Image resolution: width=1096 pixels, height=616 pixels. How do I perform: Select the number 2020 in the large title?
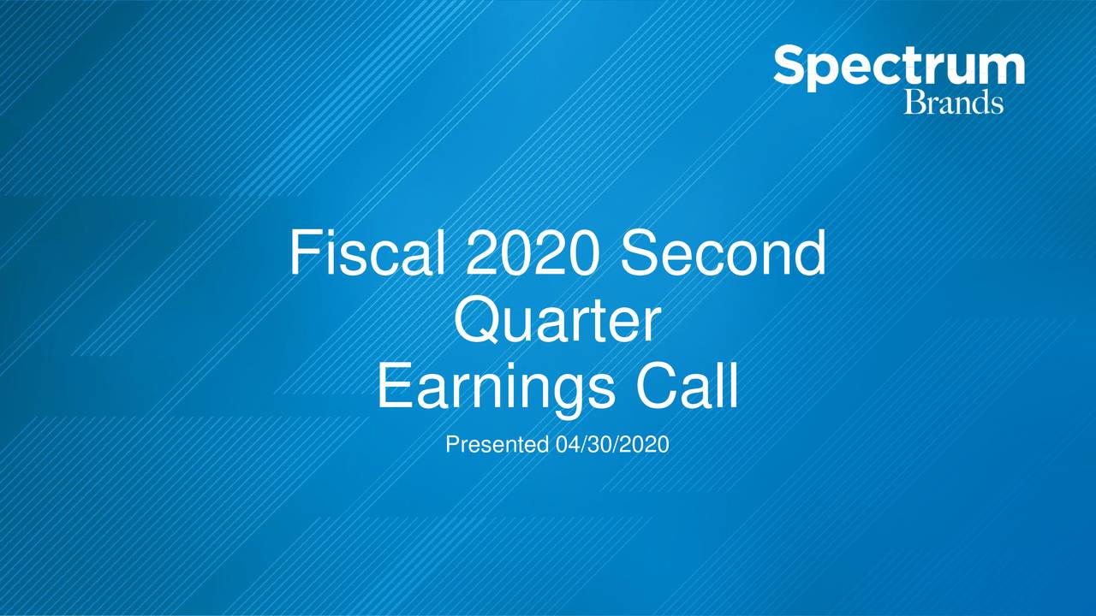coord(537,253)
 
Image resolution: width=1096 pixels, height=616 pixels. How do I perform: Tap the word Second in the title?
coord(724,253)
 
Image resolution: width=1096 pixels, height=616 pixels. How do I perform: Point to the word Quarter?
coord(557,322)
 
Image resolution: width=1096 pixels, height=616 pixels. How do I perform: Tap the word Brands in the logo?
coord(953,103)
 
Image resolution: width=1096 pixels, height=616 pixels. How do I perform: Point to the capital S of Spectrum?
coord(791,66)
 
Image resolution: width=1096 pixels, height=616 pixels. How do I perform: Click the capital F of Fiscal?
coord(303,253)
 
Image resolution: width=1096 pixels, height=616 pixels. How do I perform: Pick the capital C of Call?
coord(652,387)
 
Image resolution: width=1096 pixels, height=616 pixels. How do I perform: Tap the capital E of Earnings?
coord(392,387)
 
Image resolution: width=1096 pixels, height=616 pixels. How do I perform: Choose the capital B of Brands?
coord(914,103)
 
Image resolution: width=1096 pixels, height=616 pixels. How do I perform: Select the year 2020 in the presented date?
coord(650,445)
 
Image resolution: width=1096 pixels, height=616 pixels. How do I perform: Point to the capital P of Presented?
coord(452,445)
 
